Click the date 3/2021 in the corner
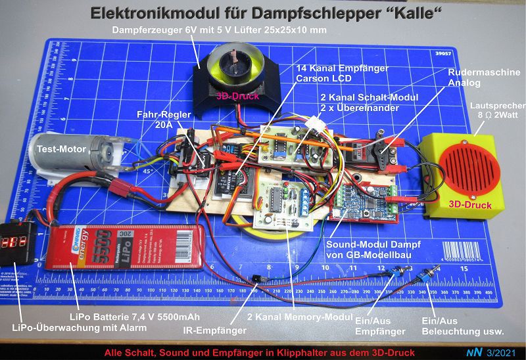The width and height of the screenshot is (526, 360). point(503,353)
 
